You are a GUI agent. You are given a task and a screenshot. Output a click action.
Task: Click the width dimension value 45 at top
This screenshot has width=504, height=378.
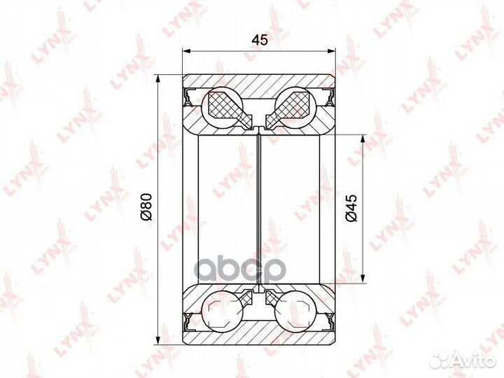(260, 40)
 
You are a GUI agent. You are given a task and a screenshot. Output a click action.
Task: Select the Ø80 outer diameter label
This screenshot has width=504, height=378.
(146, 207)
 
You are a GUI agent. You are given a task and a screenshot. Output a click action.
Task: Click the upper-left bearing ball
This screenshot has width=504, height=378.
(222, 107)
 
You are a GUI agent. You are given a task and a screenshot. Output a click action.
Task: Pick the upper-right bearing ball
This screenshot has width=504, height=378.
(295, 107)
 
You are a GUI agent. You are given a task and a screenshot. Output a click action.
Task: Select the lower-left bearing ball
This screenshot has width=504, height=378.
(222, 311)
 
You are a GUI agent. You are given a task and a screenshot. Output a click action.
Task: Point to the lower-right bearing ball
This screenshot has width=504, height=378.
(295, 311)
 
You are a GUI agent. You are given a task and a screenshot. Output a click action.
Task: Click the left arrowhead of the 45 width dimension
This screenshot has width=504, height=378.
(187, 51)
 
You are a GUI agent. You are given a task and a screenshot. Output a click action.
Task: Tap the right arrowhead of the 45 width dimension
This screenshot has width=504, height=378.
(330, 51)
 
